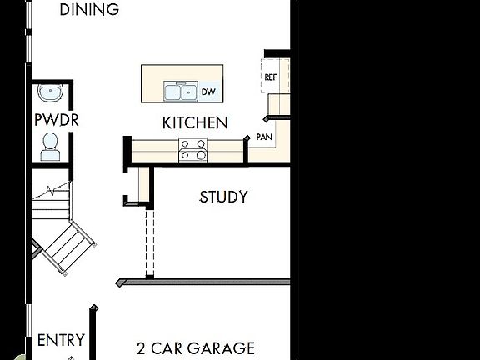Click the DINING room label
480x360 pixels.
click(x=90, y=10)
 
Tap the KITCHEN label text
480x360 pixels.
click(x=195, y=122)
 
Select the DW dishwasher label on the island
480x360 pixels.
click(x=208, y=92)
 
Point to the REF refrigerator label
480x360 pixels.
click(x=270, y=77)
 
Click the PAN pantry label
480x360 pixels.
click(x=264, y=136)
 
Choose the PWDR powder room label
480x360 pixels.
click(x=56, y=119)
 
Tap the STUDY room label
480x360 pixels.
click(x=223, y=197)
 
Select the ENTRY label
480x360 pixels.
click(x=61, y=339)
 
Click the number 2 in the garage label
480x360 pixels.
click(x=141, y=348)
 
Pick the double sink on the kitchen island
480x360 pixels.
click(x=180, y=92)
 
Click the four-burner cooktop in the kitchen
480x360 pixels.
click(x=194, y=149)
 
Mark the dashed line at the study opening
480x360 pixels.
click(x=148, y=242)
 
